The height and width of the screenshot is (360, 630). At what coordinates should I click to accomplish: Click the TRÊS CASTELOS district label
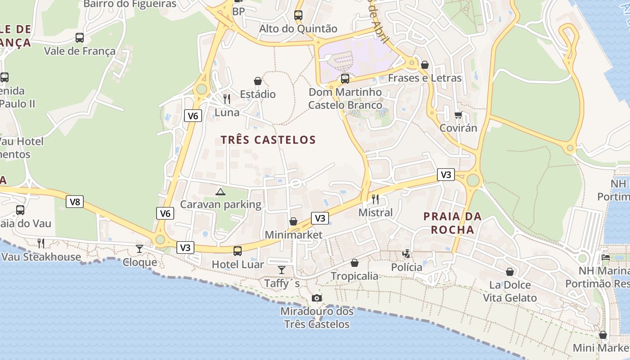[268, 140]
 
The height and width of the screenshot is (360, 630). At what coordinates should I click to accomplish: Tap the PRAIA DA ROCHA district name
[453, 223]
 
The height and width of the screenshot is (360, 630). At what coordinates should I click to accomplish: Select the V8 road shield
[75, 202]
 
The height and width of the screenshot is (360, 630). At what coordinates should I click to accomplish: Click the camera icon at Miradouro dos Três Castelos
[317, 298]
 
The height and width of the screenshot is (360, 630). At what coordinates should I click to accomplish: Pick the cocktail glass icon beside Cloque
[139, 249]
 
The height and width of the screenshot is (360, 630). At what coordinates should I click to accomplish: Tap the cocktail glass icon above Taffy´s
[282, 270]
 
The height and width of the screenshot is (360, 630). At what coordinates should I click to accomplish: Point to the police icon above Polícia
[406, 254]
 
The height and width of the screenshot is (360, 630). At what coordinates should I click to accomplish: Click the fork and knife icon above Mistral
[375, 199]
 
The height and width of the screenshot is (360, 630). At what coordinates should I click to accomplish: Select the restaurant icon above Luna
[227, 99]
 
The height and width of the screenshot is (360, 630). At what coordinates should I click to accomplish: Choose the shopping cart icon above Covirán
[458, 115]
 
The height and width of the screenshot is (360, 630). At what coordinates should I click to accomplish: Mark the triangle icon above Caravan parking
[220, 192]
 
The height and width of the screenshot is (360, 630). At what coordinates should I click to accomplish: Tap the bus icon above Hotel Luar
[238, 251]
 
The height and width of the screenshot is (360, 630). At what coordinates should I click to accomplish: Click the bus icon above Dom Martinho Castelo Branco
[345, 79]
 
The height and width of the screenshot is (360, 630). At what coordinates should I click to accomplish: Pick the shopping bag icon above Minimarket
[293, 221]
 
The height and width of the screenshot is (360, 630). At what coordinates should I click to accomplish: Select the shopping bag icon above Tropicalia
[355, 263]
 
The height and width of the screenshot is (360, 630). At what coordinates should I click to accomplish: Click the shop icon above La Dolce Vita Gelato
[510, 272]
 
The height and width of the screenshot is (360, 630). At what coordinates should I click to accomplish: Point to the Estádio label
[258, 94]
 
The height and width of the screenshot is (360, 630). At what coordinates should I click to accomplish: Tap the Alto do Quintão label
[298, 29]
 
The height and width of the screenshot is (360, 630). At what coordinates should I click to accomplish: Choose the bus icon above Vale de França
[80, 38]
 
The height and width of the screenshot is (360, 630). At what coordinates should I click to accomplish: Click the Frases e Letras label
[425, 78]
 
